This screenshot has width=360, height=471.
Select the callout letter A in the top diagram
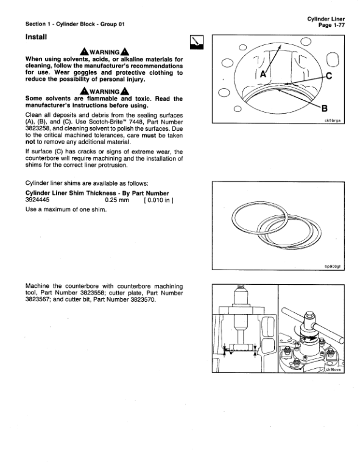[264, 74]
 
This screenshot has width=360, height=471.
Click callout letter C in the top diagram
[329, 76]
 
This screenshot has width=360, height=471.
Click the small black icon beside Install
[197, 43]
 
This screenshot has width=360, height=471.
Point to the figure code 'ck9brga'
[334, 120]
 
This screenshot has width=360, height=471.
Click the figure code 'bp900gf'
[335, 266]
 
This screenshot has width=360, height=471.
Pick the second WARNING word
[105, 90]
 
